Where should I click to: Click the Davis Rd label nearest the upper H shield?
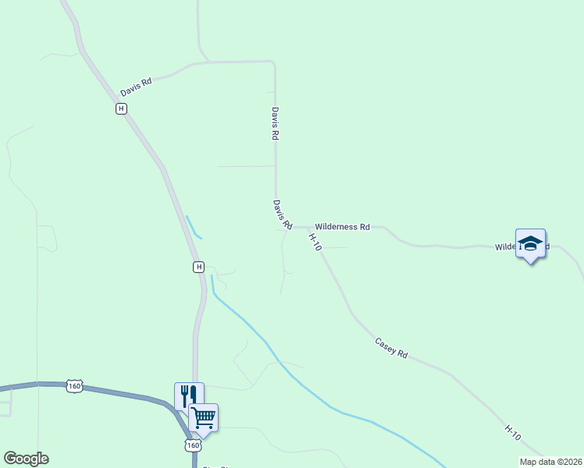point(135,87)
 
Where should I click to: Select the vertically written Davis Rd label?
point(275,123)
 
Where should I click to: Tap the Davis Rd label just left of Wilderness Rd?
point(282,214)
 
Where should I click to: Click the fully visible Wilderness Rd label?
point(342,227)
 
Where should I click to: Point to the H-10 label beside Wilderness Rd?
point(315,242)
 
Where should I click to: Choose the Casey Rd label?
point(391,348)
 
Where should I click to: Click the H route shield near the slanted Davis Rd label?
point(121,109)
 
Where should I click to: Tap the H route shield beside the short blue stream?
point(198,267)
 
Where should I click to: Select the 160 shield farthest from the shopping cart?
point(74,386)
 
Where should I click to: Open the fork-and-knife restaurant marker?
point(189,396)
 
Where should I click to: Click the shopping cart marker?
point(204,417)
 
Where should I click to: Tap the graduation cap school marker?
point(530,243)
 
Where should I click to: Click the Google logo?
point(26,459)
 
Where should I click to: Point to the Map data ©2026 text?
point(550,462)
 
